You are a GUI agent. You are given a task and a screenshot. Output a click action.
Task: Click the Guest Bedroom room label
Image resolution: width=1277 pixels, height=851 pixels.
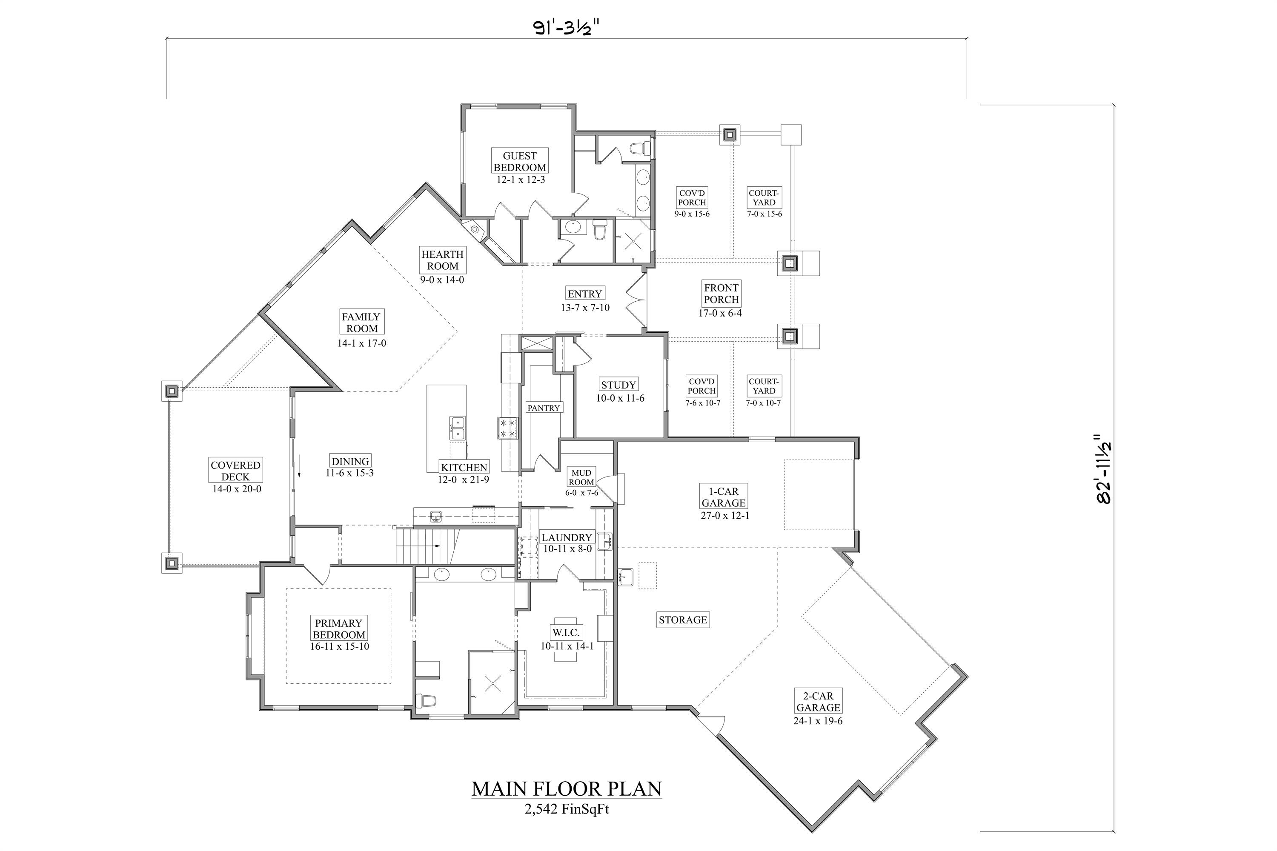(520, 162)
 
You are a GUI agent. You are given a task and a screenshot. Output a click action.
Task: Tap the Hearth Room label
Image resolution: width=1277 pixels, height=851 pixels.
(443, 260)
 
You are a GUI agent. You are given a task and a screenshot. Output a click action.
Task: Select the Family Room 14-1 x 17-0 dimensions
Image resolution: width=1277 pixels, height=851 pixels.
(361, 343)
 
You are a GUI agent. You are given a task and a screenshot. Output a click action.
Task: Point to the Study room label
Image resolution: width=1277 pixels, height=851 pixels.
(618, 385)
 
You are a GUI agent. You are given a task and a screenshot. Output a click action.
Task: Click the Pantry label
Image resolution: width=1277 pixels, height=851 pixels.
(544, 408)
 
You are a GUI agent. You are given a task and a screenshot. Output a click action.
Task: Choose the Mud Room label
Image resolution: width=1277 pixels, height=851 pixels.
(581, 477)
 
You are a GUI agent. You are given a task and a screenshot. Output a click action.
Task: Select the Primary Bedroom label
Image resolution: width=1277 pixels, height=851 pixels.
(339, 629)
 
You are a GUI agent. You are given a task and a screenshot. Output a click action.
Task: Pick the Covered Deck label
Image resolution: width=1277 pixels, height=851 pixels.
(236, 471)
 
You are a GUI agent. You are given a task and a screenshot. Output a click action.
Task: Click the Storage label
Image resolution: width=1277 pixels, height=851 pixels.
(682, 620)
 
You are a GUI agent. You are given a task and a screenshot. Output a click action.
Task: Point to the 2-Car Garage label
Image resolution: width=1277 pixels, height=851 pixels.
(818, 702)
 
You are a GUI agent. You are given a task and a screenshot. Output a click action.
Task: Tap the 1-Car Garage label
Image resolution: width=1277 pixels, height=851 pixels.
(724, 497)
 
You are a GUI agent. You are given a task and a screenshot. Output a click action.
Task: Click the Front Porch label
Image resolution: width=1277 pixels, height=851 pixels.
(721, 294)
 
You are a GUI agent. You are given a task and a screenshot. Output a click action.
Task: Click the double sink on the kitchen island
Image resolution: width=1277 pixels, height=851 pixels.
(457, 428)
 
